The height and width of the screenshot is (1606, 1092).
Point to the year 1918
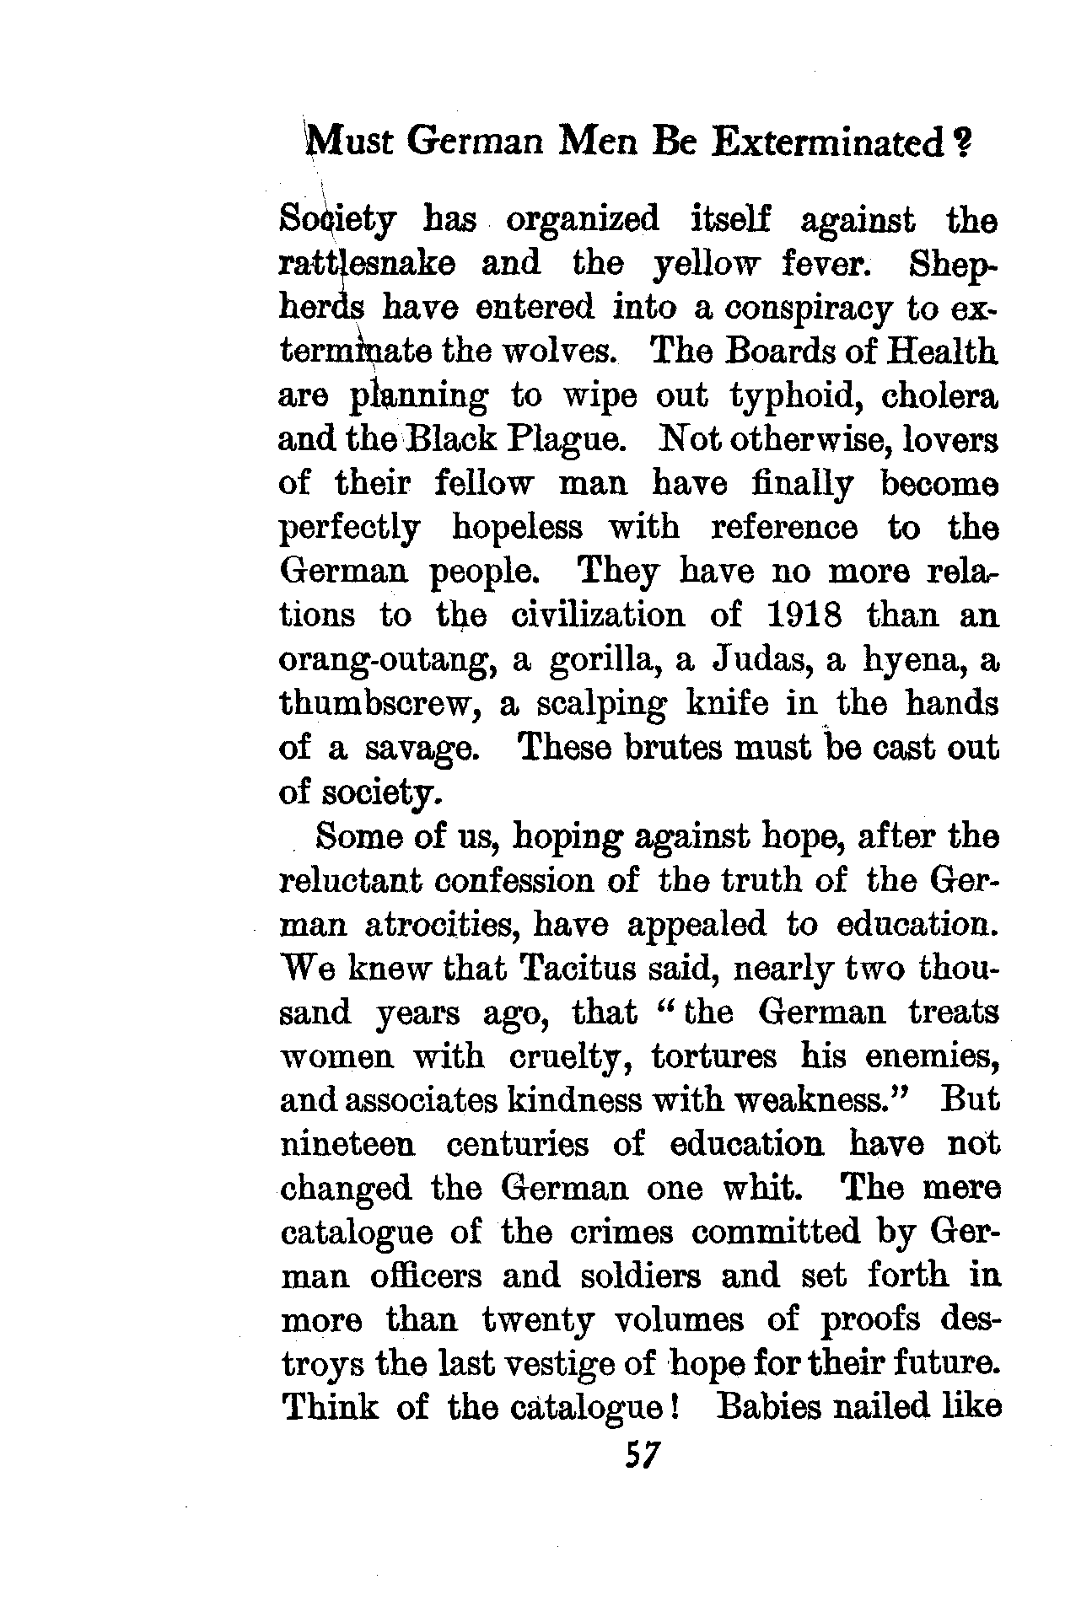coord(805,615)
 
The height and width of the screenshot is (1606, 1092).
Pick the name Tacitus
coord(576,969)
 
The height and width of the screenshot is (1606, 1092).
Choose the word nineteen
coord(347,1145)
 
